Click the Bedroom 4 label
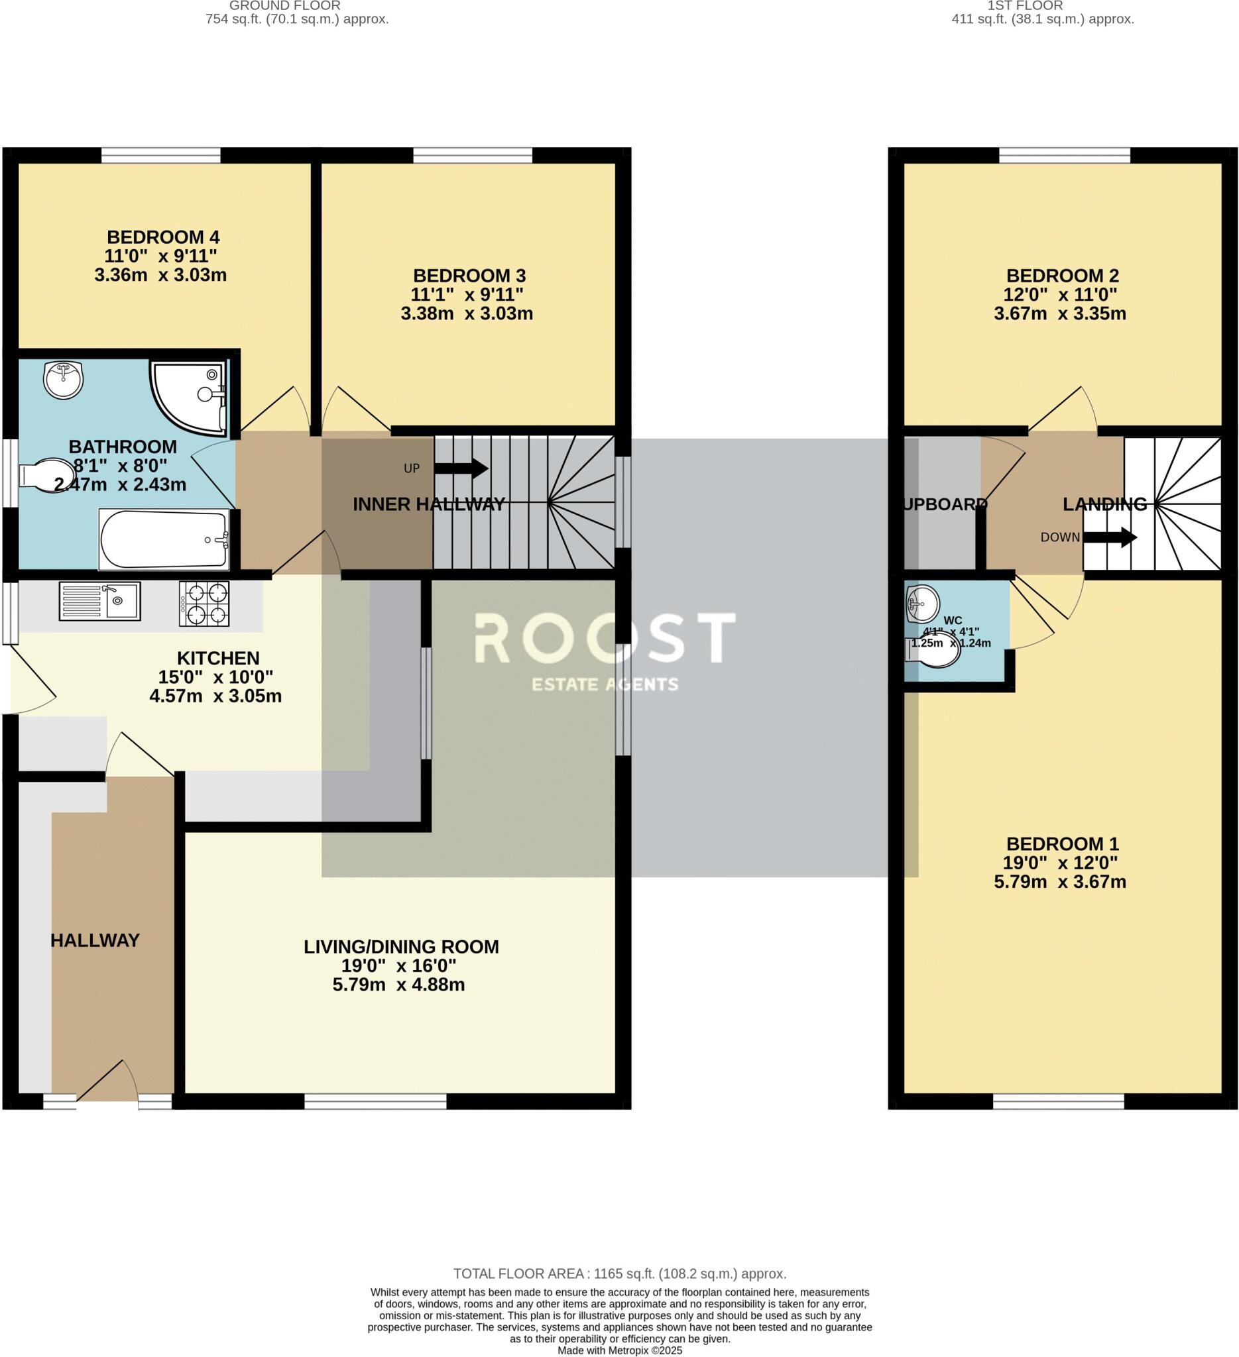point(163,238)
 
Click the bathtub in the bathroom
point(164,539)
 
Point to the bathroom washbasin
point(63,379)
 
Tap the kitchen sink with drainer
point(99,601)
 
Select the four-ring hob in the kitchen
point(204,604)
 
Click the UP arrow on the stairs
point(471,468)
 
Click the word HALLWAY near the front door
point(95,941)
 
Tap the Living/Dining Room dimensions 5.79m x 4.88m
point(398,985)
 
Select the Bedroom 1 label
point(1062,843)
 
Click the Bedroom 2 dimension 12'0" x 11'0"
point(1060,295)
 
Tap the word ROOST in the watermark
point(604,638)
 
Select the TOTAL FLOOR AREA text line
point(619,1274)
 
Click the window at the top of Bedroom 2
point(1065,156)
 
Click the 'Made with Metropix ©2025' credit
point(619,1350)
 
